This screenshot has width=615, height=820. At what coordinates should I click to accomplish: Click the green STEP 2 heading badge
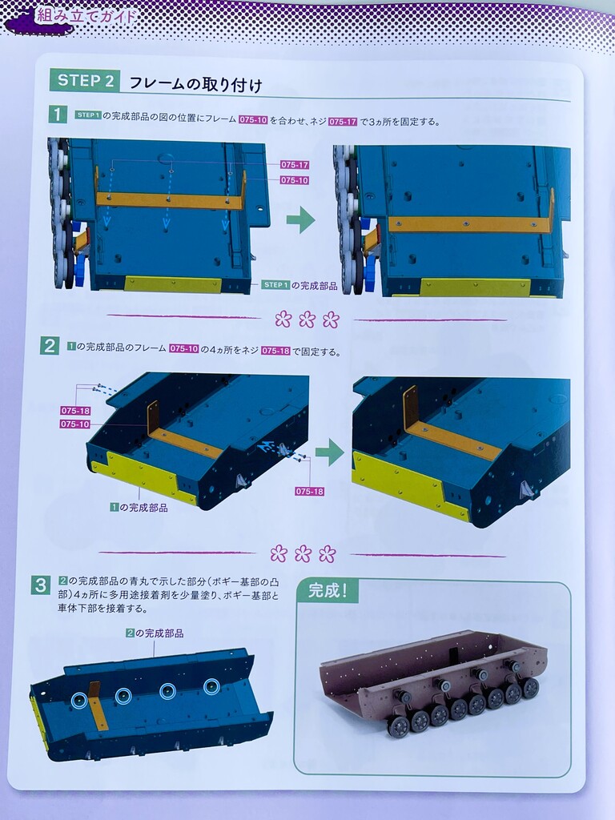click(x=85, y=81)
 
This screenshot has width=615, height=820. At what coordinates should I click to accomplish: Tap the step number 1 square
click(x=58, y=114)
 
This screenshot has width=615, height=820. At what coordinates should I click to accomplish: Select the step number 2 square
click(x=49, y=346)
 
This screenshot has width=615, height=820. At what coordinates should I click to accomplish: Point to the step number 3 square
click(x=41, y=585)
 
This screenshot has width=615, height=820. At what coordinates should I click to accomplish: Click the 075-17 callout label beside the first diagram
click(x=295, y=165)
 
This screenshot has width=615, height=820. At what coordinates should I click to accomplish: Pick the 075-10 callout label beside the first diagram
click(x=295, y=180)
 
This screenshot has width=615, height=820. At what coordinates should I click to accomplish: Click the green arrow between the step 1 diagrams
click(x=301, y=219)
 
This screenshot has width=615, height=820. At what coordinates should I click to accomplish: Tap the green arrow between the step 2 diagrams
click(x=329, y=452)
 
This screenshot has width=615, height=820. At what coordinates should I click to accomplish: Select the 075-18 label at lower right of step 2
click(x=310, y=492)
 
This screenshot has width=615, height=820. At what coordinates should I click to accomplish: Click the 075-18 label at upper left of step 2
click(x=75, y=411)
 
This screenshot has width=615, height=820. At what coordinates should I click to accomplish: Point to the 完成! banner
click(x=328, y=591)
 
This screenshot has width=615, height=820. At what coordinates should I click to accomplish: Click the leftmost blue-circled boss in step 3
click(x=79, y=700)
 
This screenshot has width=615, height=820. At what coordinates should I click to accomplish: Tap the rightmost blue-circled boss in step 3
click(x=211, y=686)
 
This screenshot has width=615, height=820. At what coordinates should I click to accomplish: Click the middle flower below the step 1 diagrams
click(x=307, y=319)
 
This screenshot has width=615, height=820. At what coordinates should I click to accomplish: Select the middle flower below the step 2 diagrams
click(x=303, y=553)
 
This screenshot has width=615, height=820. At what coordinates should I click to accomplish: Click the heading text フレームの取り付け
click(x=195, y=83)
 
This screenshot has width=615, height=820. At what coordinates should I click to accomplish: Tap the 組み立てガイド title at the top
click(x=86, y=15)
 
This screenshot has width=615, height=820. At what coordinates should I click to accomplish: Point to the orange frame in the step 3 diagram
click(x=98, y=707)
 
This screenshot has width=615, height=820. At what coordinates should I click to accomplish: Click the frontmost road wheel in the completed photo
click(x=399, y=726)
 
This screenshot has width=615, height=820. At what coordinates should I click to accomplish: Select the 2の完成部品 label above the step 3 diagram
click(x=155, y=633)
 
